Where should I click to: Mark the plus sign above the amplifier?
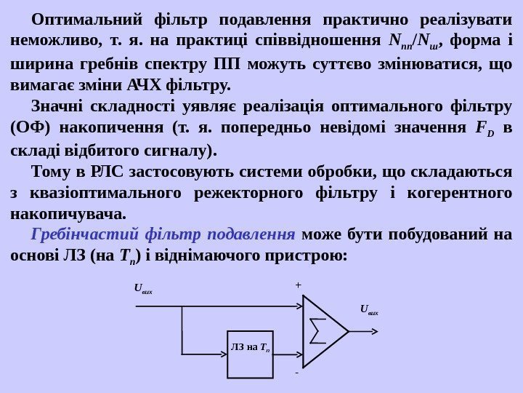point(298,286)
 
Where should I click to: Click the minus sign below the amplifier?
point(296,372)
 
